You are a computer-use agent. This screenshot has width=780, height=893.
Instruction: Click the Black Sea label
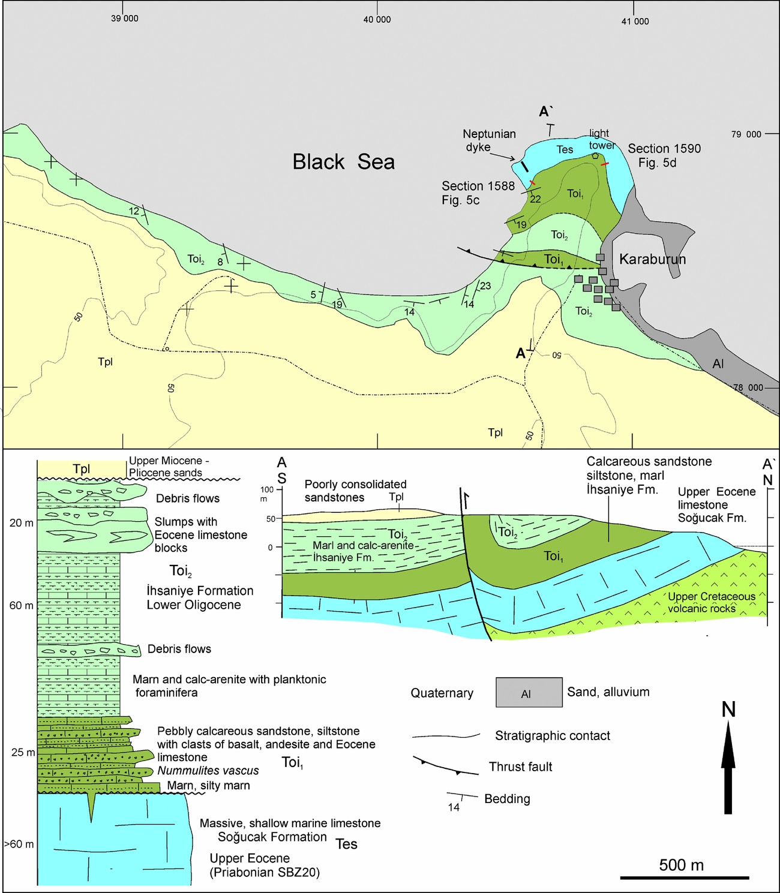pyautogui.click(x=343, y=162)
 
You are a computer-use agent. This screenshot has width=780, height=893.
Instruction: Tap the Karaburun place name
pyautogui.click(x=652, y=259)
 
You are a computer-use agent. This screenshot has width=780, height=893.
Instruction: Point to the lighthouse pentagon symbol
pyautogui.click(x=595, y=156)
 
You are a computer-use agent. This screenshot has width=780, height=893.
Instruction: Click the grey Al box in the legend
pyautogui.click(x=529, y=693)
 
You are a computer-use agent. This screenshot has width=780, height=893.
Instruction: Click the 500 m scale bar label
pyautogui.click(x=681, y=865)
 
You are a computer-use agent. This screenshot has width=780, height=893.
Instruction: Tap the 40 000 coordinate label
pyautogui.click(x=377, y=20)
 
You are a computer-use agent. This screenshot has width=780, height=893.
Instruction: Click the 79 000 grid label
pyautogui.click(x=746, y=134)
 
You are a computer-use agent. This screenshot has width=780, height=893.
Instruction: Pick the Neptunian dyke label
pyautogui.click(x=489, y=140)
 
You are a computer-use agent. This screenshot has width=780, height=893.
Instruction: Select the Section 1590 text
pyautogui.click(x=664, y=149)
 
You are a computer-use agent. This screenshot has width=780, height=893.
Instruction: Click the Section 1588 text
pyautogui.click(x=478, y=187)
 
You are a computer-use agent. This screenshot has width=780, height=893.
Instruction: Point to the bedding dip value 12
pyautogui.click(x=134, y=211)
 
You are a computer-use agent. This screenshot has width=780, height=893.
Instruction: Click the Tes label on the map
pyautogui.click(x=565, y=149)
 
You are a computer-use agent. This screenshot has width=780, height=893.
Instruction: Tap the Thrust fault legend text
pyautogui.click(x=520, y=766)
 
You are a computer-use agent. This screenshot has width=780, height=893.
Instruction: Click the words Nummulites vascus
pyautogui.click(x=208, y=771)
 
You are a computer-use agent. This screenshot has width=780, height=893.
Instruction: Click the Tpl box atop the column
pyautogui.click(x=82, y=469)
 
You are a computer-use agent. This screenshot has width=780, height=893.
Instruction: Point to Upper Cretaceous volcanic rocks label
pyautogui.click(x=711, y=602)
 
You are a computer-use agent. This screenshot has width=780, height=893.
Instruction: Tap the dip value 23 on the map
pyautogui.click(x=485, y=286)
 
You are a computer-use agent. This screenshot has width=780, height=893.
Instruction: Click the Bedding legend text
pyautogui.click(x=507, y=799)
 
